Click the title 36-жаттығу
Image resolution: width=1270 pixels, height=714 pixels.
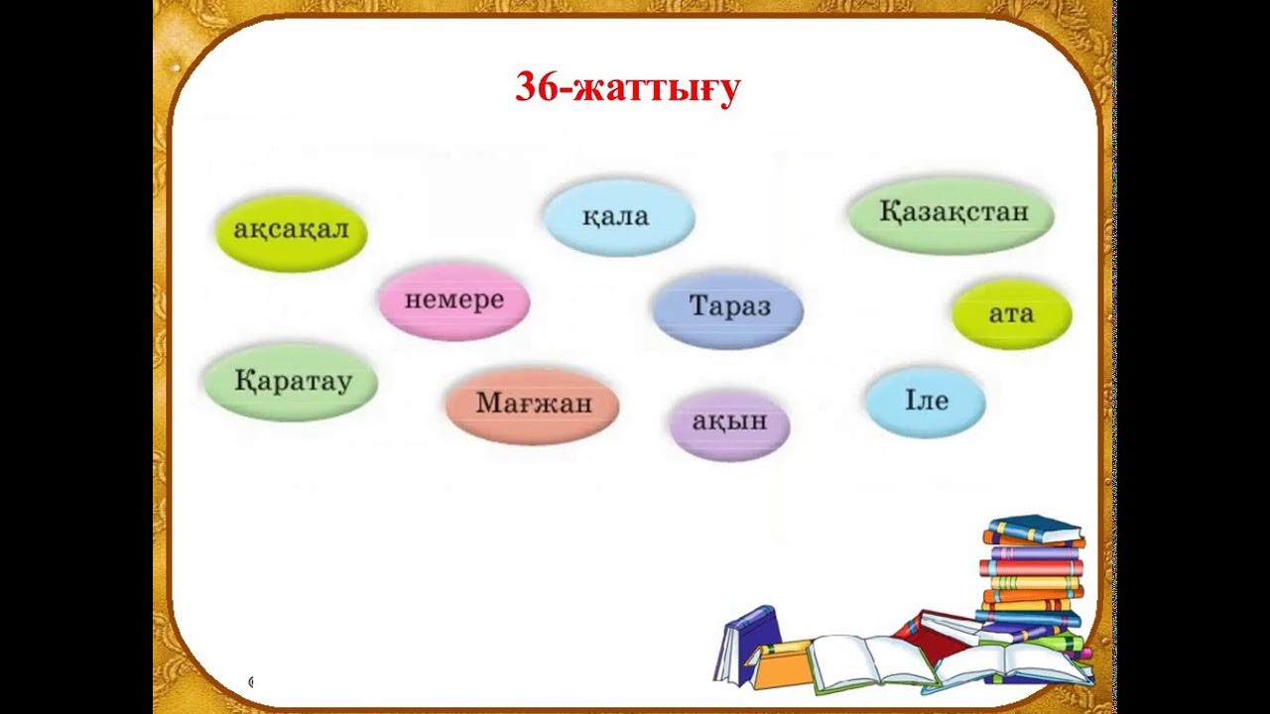627,88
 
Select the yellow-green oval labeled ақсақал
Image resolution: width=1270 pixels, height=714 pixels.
291,232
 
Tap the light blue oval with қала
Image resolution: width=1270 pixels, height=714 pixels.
618,217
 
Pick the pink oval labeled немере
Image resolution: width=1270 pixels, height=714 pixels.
453,300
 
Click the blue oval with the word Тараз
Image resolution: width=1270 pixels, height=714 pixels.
727,306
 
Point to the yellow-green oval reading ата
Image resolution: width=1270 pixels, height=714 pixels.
1011,314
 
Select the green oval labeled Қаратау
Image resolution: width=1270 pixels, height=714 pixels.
291,382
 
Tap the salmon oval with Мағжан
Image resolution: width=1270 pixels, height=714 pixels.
532,404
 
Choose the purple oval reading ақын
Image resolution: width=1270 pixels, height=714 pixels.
729,422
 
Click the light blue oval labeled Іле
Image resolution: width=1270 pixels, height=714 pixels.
925,401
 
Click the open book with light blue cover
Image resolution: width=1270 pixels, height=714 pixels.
1012,664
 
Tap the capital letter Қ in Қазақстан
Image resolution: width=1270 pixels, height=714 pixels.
888,212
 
